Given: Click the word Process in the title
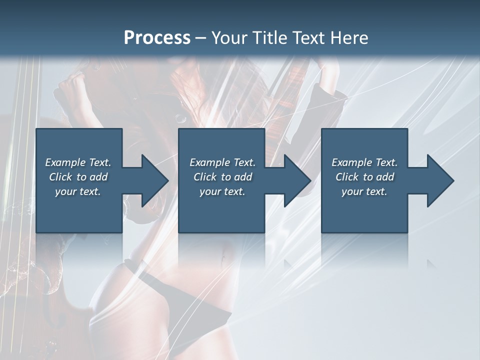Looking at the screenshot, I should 157,38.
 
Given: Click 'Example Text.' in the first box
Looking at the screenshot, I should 78,162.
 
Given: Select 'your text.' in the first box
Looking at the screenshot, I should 78,191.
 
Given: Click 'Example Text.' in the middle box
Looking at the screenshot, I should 222,162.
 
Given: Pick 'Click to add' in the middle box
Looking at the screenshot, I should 222,177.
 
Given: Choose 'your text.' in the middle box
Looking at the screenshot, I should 222,191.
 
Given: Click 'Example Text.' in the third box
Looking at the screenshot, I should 364,162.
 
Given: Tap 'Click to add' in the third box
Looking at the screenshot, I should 364,177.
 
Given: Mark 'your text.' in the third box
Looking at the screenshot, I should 364,191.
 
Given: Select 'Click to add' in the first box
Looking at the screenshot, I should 78,177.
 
